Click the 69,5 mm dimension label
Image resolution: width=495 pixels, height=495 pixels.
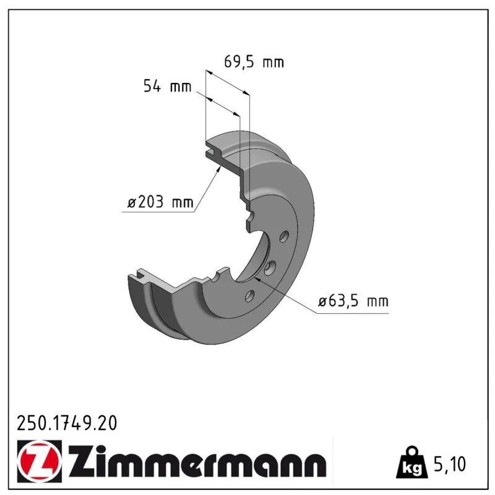pyautogui.click(x=254, y=61)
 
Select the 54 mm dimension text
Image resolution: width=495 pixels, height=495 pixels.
pyautogui.click(x=167, y=86)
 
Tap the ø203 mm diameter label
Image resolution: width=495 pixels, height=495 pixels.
pyautogui.click(x=160, y=202)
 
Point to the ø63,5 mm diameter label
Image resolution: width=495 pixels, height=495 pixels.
pyautogui.click(x=353, y=301)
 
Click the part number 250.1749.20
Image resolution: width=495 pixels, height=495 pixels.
pyautogui.click(x=67, y=423)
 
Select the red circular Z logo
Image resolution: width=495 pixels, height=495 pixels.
pyautogui.click(x=39, y=461)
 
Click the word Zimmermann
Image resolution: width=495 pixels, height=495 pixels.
pyautogui.click(x=198, y=462)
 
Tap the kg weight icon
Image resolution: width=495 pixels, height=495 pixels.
pyautogui.click(x=412, y=463)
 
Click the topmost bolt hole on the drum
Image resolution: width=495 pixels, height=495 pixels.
pyautogui.click(x=284, y=236)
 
